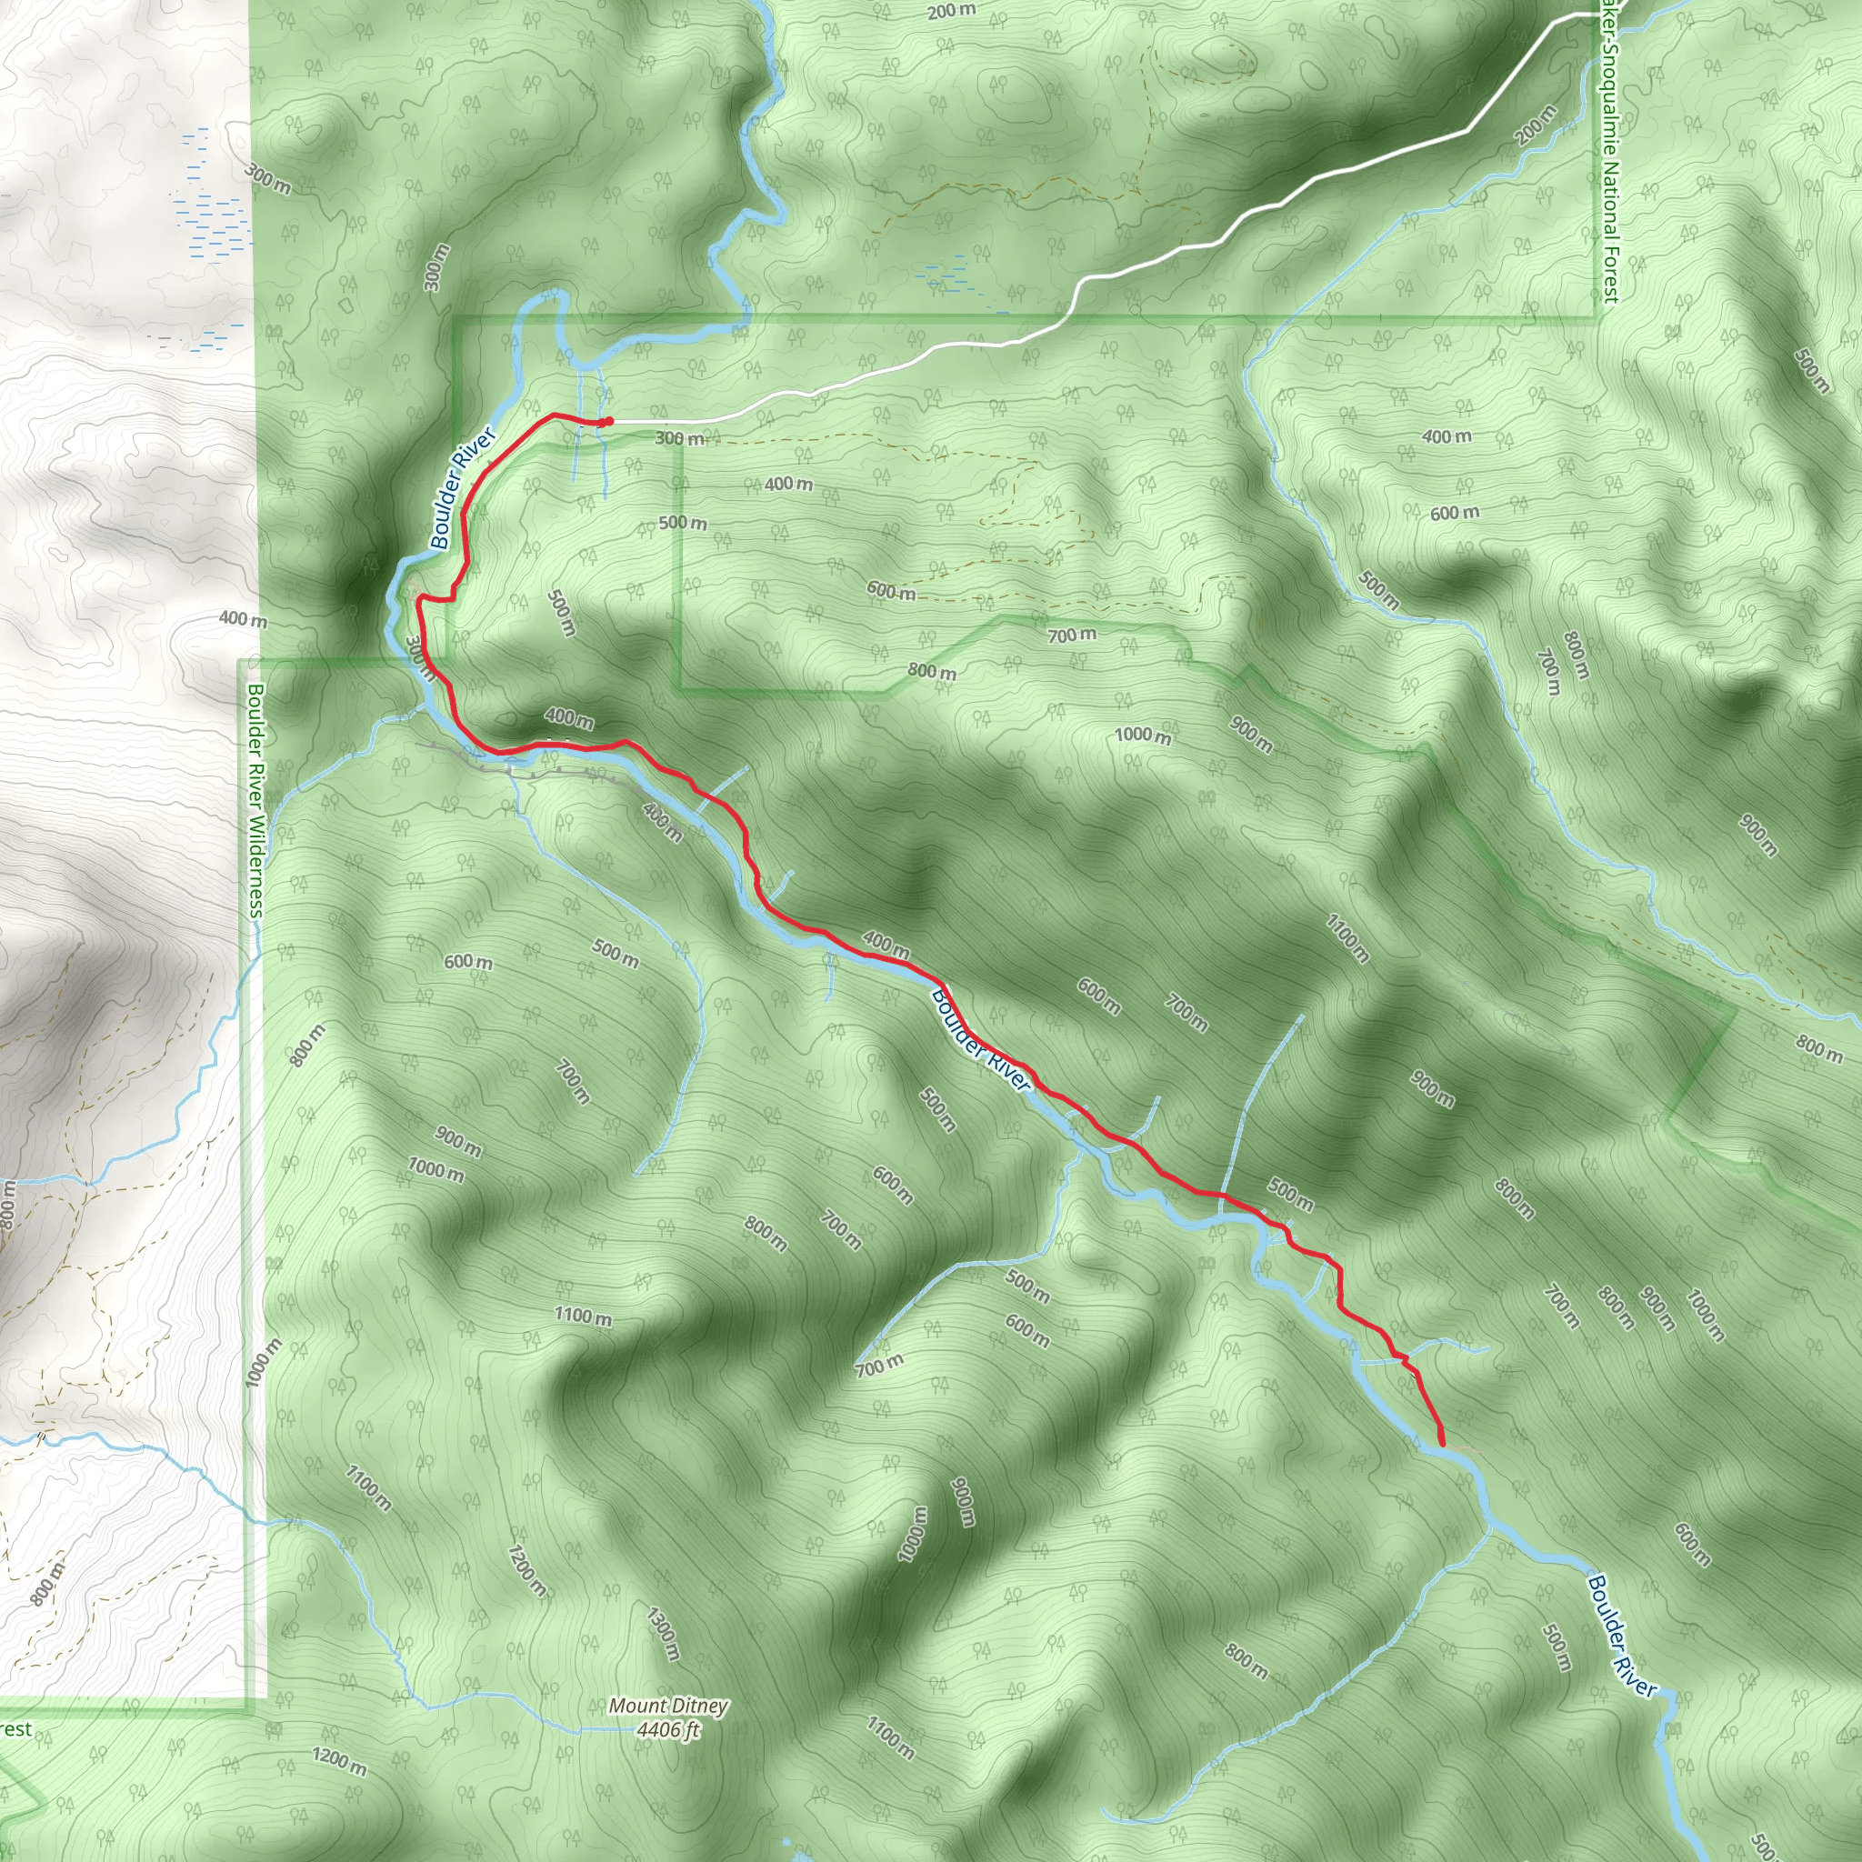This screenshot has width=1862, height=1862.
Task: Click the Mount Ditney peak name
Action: click(x=668, y=1706)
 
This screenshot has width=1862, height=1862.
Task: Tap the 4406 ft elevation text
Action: click(x=668, y=1730)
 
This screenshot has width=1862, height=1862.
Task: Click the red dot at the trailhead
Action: click(x=609, y=421)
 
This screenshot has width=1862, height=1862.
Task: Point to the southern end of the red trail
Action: click(x=1442, y=1444)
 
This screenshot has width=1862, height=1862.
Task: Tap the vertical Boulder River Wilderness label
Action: click(x=255, y=800)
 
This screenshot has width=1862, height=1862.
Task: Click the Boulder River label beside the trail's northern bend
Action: click(x=463, y=488)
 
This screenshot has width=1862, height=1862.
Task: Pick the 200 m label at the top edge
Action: click(x=951, y=12)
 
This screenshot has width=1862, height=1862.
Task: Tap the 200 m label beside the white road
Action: click(x=1535, y=125)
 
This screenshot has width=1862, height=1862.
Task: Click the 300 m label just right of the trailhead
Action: click(x=680, y=438)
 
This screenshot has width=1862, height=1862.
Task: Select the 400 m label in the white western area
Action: click(x=242, y=619)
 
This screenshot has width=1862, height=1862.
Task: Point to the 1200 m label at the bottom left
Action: click(x=339, y=1756)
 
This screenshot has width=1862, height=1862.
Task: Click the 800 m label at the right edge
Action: click(x=1818, y=1048)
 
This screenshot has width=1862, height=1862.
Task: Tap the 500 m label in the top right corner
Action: click(x=1812, y=371)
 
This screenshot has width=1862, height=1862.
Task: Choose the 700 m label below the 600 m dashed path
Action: click(x=1072, y=635)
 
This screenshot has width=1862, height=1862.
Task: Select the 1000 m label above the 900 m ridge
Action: click(x=1142, y=736)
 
